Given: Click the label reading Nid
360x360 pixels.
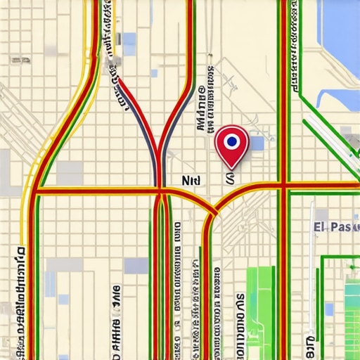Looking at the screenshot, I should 191,180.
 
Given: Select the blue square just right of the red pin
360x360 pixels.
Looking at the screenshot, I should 257,143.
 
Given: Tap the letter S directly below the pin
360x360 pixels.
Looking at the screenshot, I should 229,179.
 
